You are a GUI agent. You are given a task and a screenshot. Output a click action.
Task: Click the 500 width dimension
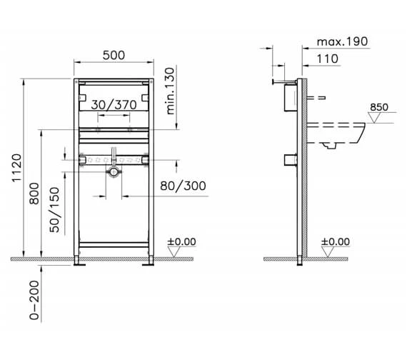pos(114,54)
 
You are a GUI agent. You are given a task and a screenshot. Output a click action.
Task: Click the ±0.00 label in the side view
pos(336,241)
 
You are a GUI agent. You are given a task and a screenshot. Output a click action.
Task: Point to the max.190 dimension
pos(339,41)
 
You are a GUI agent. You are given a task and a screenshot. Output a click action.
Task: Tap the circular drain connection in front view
pos(113,171)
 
